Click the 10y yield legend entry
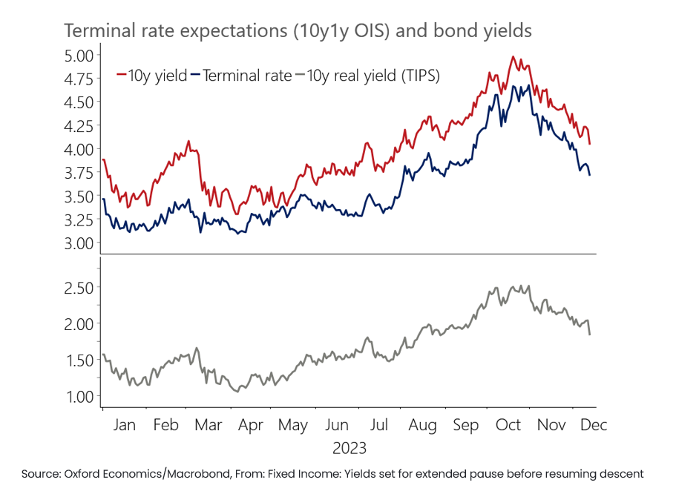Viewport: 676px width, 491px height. [x=152, y=75]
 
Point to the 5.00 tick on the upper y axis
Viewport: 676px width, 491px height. [x=76, y=55]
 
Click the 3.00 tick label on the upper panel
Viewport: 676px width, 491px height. [x=76, y=243]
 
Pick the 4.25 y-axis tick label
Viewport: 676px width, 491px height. [x=76, y=125]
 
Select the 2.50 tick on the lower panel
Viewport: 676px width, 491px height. [x=76, y=287]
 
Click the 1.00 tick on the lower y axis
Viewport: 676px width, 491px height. [x=76, y=397]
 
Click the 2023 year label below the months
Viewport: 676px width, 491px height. [x=349, y=449]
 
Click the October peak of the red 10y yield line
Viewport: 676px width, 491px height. [x=513, y=56]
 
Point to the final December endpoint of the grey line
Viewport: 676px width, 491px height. [x=590, y=335]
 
